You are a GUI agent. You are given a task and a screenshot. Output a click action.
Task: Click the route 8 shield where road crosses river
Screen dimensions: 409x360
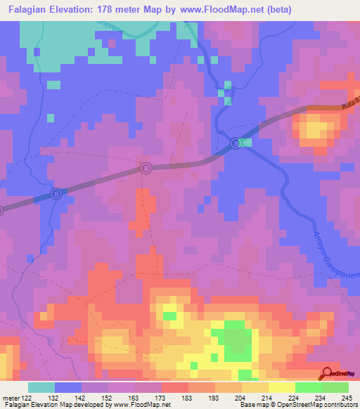tap(236, 143)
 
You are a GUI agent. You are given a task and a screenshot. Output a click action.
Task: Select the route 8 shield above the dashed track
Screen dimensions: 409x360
tap(146, 169)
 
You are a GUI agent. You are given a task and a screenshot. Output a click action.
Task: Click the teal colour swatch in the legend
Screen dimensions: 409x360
tap(41, 387)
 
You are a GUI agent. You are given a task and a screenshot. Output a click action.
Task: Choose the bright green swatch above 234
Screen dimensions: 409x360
tap(308, 387)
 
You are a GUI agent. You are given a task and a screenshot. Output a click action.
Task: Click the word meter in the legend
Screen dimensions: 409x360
tap(11, 398)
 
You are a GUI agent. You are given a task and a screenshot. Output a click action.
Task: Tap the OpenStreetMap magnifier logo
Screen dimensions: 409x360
tap(328, 374)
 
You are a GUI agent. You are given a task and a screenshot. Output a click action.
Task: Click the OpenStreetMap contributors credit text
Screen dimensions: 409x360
tap(316, 405)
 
